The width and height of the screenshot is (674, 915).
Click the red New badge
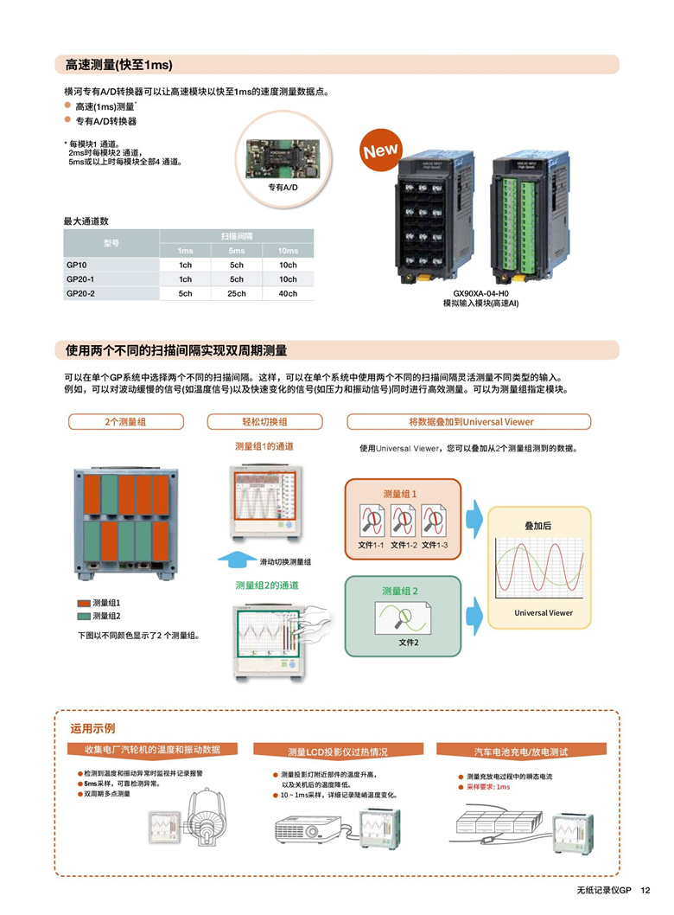(380, 150)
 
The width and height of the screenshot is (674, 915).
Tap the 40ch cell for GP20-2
(288, 294)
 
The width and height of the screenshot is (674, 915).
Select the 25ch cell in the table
(237, 294)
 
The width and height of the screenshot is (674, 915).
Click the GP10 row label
(77, 265)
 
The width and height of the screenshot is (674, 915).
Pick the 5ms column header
(237, 251)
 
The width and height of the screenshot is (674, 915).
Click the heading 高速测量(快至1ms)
(119, 65)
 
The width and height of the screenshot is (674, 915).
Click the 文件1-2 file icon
(404, 521)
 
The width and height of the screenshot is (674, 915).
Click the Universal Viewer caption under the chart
(544, 613)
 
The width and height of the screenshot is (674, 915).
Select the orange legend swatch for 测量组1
(84, 603)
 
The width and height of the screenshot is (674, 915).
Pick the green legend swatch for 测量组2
(84, 616)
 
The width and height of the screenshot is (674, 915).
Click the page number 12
(645, 891)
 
